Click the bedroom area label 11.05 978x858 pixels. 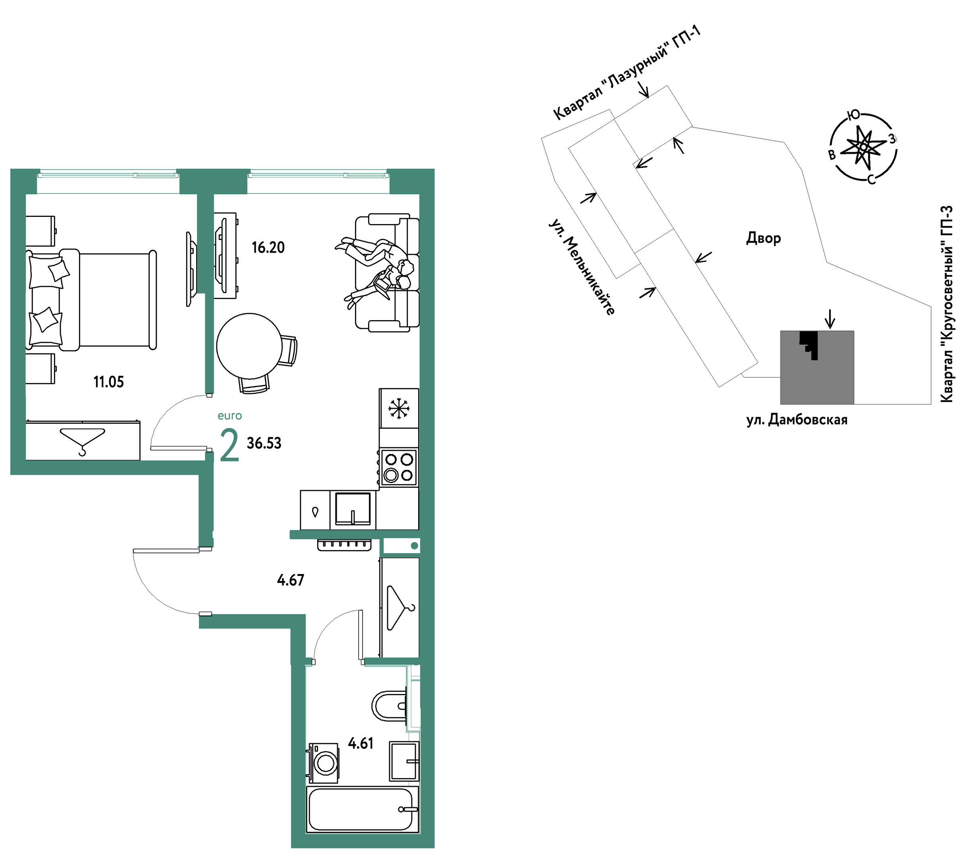(x=109, y=383)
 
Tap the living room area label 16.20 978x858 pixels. (x=268, y=248)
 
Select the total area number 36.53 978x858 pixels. (x=264, y=444)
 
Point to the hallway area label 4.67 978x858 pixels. (x=290, y=580)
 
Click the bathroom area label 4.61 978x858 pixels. (x=361, y=744)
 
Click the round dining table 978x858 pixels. (x=249, y=346)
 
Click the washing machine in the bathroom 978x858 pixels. (x=324, y=763)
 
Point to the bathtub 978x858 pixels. (x=362, y=810)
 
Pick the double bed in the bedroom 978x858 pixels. (x=91, y=300)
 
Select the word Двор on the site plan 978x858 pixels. (x=764, y=238)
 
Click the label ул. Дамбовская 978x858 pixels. (x=797, y=420)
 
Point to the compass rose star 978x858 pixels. (x=863, y=147)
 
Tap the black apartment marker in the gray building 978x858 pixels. (x=810, y=344)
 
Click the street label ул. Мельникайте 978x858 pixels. (x=582, y=267)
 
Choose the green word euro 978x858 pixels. (x=230, y=416)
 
